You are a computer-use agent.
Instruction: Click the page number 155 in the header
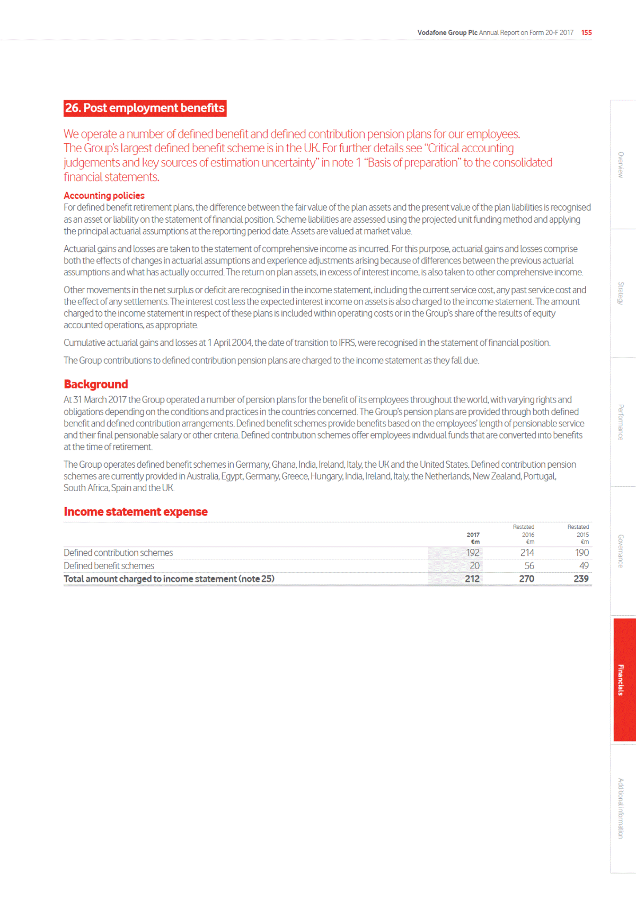tap(586, 32)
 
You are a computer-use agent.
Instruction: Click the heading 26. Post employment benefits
tap(145, 108)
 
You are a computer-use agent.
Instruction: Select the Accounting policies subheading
tap(104, 196)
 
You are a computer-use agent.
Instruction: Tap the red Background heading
tap(96, 385)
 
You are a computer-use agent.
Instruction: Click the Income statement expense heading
tap(136, 512)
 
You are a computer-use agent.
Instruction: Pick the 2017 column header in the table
tap(473, 538)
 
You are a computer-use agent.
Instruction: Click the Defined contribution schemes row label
tap(118, 553)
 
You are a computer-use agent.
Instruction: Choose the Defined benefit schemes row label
tap(109, 566)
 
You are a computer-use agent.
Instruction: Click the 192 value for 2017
tap(473, 553)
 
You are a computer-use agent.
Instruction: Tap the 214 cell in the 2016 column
tap(527, 553)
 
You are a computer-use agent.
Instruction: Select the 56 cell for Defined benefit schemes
tap(529, 566)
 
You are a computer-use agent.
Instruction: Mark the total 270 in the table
tap(526, 579)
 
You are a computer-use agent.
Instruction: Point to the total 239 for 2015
tap(581, 579)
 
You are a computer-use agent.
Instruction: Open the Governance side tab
tap(621, 551)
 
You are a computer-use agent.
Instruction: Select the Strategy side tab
tap(621, 293)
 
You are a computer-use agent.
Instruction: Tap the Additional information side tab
tap(621, 808)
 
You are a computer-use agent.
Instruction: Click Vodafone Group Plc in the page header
tap(447, 32)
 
